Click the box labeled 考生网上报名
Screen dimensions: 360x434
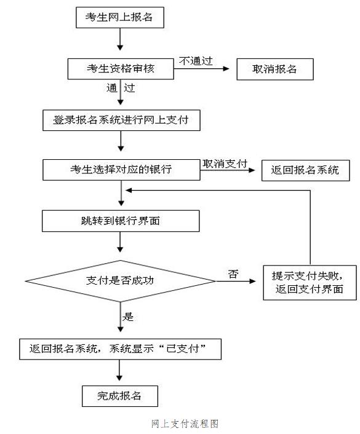[120, 17]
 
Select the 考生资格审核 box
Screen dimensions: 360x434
[121, 69]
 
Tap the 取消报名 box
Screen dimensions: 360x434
[275, 69]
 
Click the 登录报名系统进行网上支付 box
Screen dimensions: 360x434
[121, 120]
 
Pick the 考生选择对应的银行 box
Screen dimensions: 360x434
[121, 170]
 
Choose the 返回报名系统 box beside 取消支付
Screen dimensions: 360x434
[306, 170]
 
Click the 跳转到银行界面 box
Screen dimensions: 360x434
[121, 221]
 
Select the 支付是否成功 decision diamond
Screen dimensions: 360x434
[120, 281]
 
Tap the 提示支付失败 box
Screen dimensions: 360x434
[310, 283]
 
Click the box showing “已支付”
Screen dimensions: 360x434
[120, 349]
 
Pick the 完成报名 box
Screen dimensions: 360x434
[120, 396]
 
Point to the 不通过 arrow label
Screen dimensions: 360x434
[196, 61]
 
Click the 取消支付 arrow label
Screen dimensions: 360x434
[225, 164]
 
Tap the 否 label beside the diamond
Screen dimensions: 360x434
[233, 274]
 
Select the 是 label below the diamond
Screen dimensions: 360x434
[128, 317]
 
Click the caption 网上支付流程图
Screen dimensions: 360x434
[185, 424]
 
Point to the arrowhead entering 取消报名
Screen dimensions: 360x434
[226, 69]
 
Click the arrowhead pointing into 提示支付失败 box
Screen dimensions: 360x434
[252, 281]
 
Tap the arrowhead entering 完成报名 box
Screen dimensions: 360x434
[119, 378]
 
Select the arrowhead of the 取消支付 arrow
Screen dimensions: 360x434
[252, 170]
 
